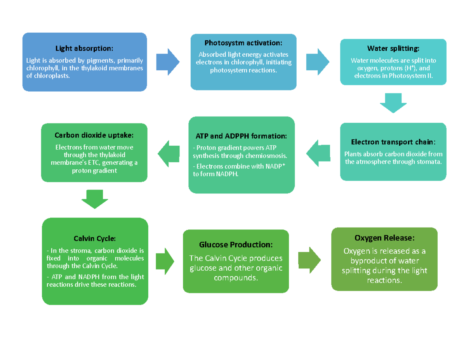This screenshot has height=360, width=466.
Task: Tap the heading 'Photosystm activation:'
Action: (x=243, y=43)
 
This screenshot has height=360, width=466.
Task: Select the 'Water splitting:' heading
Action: (x=393, y=49)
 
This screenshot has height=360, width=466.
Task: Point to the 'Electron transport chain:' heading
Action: (x=393, y=142)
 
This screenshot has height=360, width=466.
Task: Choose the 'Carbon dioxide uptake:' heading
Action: (x=94, y=135)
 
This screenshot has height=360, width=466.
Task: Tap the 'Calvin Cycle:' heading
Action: (x=95, y=238)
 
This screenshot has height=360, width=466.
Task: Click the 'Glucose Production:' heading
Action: (x=236, y=245)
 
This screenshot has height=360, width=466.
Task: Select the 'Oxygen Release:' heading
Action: (x=384, y=238)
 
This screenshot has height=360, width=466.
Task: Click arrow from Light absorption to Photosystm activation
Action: (x=168, y=62)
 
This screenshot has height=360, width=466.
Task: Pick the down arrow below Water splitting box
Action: (x=393, y=103)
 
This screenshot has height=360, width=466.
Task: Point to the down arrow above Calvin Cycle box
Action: (x=95, y=199)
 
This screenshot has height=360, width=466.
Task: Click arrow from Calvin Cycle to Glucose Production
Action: (x=165, y=259)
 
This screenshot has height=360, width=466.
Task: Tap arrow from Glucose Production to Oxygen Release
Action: (x=310, y=259)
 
